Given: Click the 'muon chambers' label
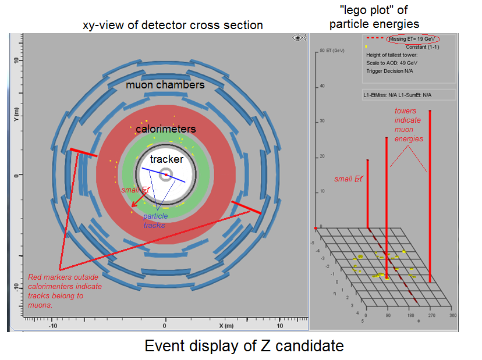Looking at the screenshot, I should tap(166, 85).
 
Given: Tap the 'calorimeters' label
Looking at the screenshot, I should tap(166, 129).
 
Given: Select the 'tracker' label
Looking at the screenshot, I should tap(166, 159).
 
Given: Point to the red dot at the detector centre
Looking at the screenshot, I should tap(166, 174).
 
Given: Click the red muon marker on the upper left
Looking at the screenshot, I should tap(83, 153).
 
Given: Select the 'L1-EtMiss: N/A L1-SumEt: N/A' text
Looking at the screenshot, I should tap(401, 94).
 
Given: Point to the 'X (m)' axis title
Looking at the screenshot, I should tap(226, 326).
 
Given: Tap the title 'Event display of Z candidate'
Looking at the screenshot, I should tap(244, 347).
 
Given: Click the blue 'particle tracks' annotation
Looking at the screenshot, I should tap(155, 220).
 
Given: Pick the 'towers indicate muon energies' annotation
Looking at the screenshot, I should tap(409, 124).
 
